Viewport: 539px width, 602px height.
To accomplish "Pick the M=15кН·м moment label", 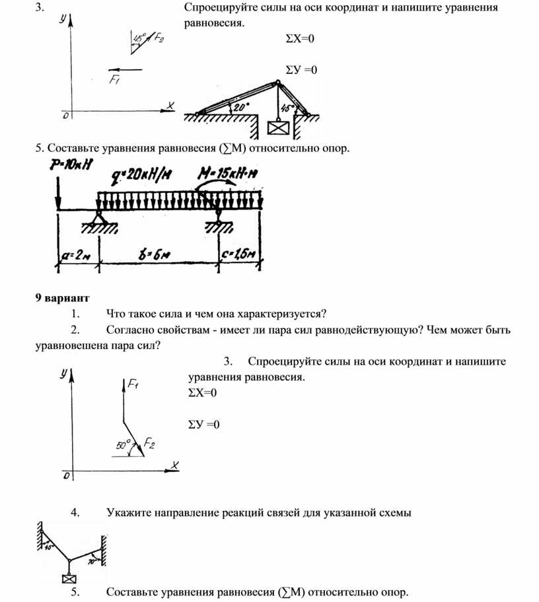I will click(x=229, y=174).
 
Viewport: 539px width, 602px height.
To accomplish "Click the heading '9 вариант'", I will click(x=62, y=297).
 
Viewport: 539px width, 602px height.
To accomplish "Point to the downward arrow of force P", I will click(x=57, y=192).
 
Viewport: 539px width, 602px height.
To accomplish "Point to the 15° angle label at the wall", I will click(x=48, y=546).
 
